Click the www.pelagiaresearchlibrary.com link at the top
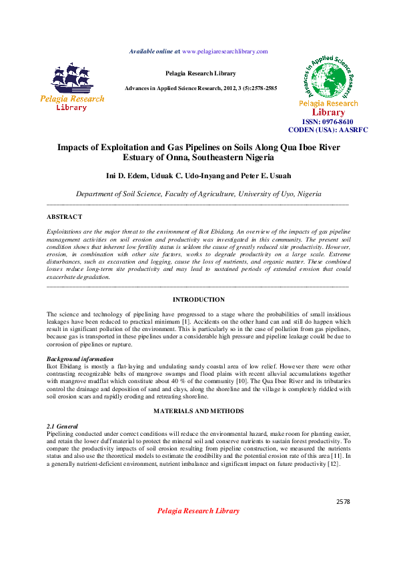pyautogui.click(x=224, y=51)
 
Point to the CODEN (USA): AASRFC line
pyautogui.click(x=328, y=130)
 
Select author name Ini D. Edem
pyautogui.click(x=126, y=177)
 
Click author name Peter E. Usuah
pyautogui.click(x=263, y=177)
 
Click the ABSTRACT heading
pyautogui.click(x=64, y=217)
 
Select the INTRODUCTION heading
pyautogui.click(x=198, y=300)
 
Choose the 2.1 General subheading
pyautogui.click(x=62, y=426)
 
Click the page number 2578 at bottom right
pyautogui.click(x=343, y=501)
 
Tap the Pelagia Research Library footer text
pyautogui.click(x=197, y=511)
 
